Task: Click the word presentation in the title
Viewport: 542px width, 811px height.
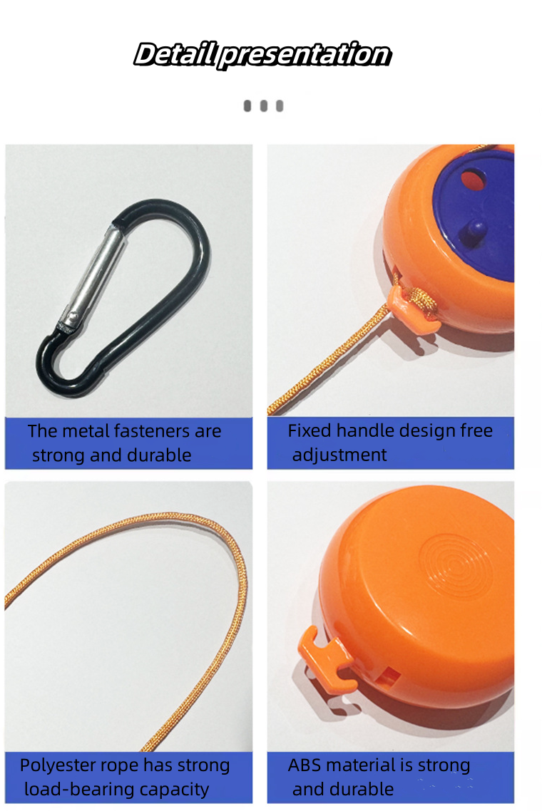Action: click(x=305, y=55)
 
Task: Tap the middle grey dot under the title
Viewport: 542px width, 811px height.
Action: click(x=263, y=106)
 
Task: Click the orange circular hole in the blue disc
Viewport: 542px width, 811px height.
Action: click(x=473, y=179)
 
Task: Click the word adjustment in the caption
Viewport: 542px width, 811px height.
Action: click(x=339, y=455)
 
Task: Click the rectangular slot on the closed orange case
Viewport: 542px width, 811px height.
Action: click(x=387, y=676)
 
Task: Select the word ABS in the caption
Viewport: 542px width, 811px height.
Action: click(x=303, y=765)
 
